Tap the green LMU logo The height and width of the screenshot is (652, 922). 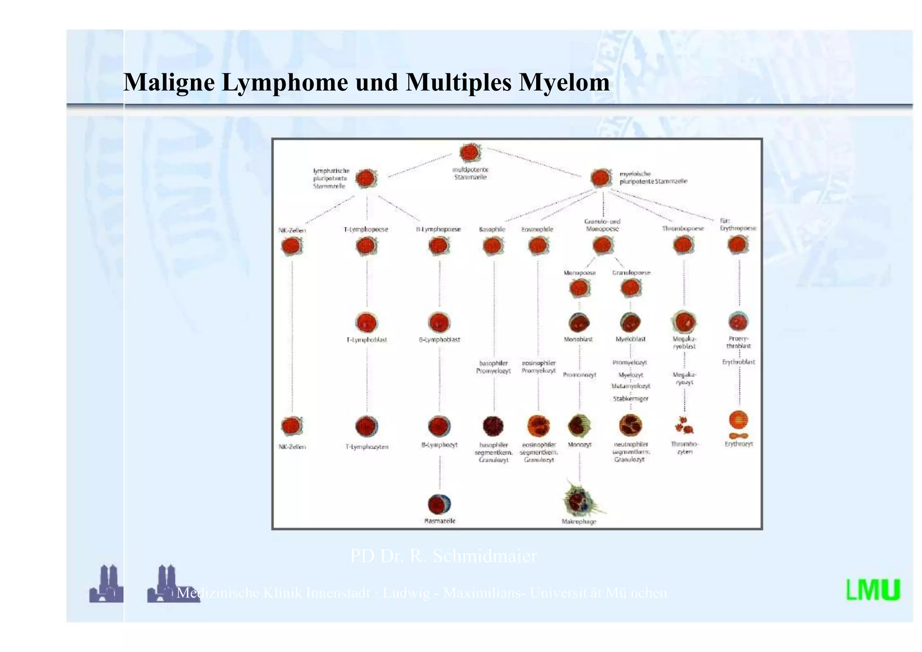[x=873, y=590]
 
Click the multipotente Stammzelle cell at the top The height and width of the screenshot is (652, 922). [x=470, y=153]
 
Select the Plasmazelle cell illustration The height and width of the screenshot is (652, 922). [x=439, y=504]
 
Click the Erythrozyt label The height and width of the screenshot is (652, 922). [x=738, y=444]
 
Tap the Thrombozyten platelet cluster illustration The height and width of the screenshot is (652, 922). [x=684, y=425]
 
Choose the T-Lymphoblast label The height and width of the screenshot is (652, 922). [x=366, y=340]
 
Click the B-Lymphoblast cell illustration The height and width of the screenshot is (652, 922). [x=439, y=322]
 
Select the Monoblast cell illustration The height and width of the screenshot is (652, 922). [x=579, y=322]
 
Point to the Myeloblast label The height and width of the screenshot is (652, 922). [x=630, y=339]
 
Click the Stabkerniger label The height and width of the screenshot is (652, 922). [x=630, y=398]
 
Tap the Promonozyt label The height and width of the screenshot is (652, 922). [x=579, y=375]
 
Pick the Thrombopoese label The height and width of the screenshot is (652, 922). [x=682, y=229]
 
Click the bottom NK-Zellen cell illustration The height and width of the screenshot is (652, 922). [x=292, y=426]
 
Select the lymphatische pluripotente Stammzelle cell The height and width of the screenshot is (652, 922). [x=366, y=179]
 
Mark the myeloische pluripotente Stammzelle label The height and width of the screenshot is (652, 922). [x=653, y=177]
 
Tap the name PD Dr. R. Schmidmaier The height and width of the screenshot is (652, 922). [x=443, y=556]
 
